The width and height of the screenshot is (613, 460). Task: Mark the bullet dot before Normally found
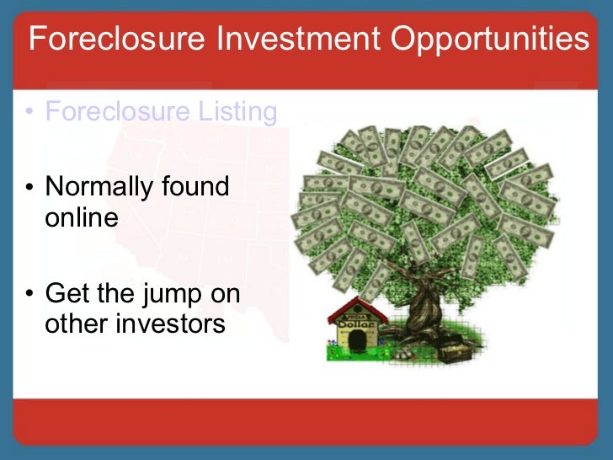[30, 187]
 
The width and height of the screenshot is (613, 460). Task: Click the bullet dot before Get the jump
[30, 295]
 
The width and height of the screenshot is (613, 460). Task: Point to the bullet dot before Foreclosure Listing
[30, 114]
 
